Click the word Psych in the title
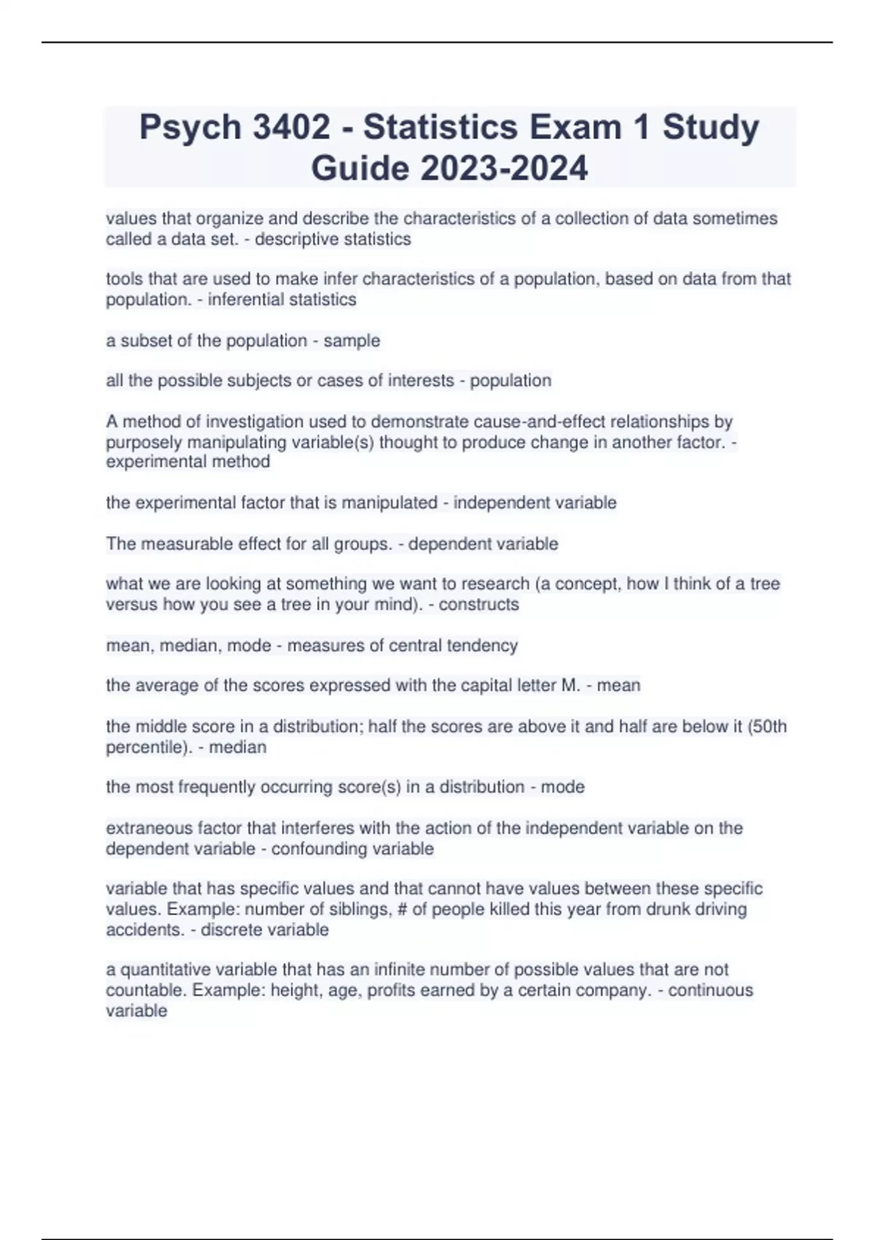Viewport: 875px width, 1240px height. coord(190,128)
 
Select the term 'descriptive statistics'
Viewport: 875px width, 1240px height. coord(332,239)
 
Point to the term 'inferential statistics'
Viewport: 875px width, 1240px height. coord(282,300)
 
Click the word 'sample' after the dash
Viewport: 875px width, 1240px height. coord(352,341)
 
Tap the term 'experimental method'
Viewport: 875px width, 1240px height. coord(188,462)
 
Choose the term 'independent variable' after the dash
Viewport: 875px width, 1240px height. coord(534,503)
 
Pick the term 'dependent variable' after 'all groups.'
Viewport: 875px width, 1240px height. coord(483,544)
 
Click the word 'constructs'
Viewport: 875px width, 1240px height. coord(479,605)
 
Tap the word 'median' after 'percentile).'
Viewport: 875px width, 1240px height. coord(238,747)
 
